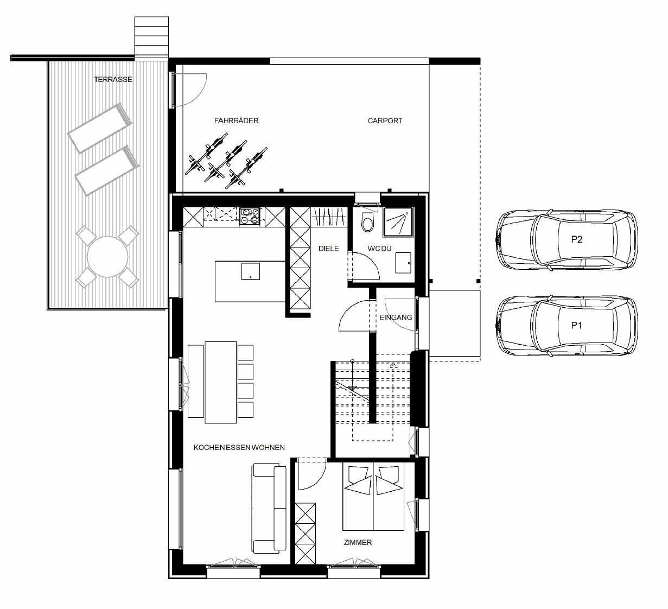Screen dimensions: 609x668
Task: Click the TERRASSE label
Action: [x=113, y=79]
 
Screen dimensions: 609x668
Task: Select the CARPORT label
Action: [x=385, y=120]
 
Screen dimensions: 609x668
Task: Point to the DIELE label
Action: [x=328, y=249]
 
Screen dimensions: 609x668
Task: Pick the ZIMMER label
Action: [x=358, y=542]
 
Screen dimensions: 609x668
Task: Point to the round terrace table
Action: [x=107, y=256]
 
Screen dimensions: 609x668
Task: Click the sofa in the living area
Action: [x=269, y=508]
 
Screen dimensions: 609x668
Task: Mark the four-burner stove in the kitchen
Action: [x=250, y=215]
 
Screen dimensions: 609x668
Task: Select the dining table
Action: [x=220, y=382]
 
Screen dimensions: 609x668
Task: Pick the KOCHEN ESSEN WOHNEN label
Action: [x=239, y=447]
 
